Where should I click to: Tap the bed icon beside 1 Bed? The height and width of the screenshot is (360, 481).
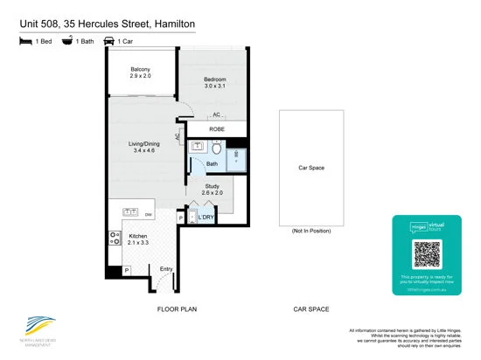click(x=24, y=40)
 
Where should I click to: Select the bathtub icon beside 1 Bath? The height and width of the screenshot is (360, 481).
click(x=67, y=40)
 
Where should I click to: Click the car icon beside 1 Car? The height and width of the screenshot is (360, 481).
click(x=109, y=40)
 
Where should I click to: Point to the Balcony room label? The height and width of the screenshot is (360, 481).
click(x=141, y=73)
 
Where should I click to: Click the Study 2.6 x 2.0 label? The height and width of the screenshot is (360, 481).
click(x=213, y=190)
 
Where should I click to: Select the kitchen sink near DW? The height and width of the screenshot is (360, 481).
click(x=131, y=212)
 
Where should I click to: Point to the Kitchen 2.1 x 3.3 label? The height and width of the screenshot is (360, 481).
click(x=137, y=239)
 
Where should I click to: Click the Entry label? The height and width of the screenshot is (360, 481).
click(x=166, y=269)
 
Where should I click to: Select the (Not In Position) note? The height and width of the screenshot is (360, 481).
click(x=311, y=232)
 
